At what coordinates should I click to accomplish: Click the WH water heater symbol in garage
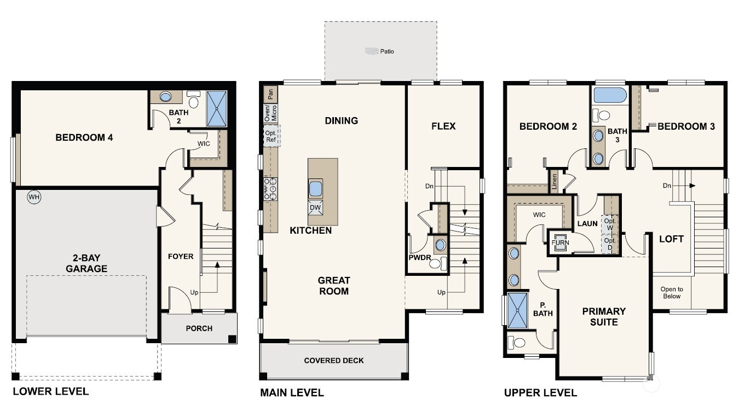click(34, 197)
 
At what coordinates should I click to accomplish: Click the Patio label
click(386, 51)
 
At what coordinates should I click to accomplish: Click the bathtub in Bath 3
click(610, 95)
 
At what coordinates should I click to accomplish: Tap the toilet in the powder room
click(436, 264)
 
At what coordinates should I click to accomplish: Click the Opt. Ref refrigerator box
click(272, 136)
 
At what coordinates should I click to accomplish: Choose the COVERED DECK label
click(334, 360)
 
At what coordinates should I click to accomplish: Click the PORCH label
click(199, 328)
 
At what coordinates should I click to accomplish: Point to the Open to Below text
click(672, 293)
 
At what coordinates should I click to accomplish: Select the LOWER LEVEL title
click(50, 391)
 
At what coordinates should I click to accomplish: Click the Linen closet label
click(554, 181)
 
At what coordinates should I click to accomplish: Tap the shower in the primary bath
click(517, 309)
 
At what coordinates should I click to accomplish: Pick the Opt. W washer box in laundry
click(609, 224)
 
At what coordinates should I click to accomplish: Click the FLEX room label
click(443, 126)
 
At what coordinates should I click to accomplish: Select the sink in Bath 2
click(165, 97)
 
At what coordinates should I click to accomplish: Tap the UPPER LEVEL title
click(540, 392)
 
